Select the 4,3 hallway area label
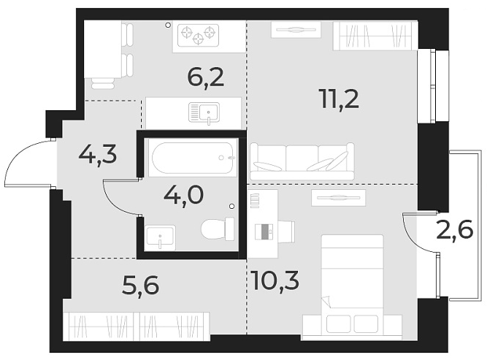point(98,156)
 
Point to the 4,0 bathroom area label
point(183,196)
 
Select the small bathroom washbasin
point(160,237)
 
